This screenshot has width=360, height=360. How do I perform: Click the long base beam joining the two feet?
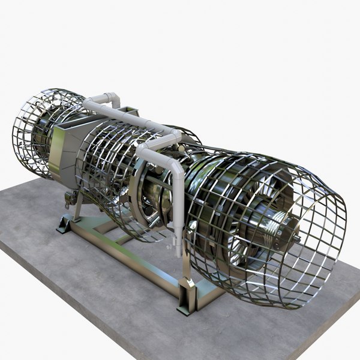pyautogui.click(x=126, y=258)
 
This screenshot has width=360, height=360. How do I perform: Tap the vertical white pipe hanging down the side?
pyautogui.click(x=178, y=198)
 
